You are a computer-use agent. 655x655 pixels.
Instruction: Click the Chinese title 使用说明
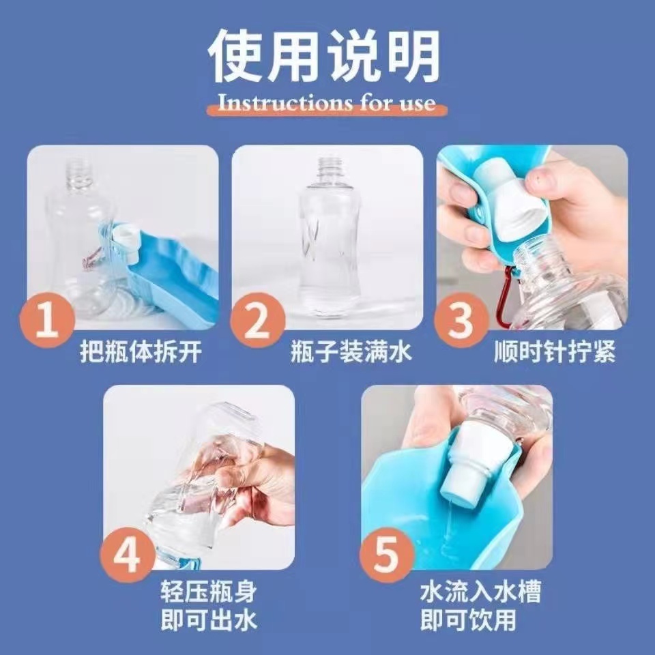[324, 56]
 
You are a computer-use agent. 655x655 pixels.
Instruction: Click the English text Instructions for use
[327, 102]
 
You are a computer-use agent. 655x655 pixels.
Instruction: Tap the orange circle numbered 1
[47, 321]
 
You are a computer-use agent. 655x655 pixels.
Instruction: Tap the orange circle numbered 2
[257, 321]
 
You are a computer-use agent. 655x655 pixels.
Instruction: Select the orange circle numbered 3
[461, 321]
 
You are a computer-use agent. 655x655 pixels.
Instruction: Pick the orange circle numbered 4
[128, 555]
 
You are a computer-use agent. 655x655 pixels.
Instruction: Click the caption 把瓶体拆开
[141, 351]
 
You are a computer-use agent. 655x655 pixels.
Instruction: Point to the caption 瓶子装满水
[351, 351]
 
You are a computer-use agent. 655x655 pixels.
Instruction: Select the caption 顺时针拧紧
[555, 351]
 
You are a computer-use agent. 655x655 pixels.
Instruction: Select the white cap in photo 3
[513, 201]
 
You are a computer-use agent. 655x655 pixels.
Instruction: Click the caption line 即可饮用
[468, 620]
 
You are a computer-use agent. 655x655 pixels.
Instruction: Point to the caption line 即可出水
[209, 620]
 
